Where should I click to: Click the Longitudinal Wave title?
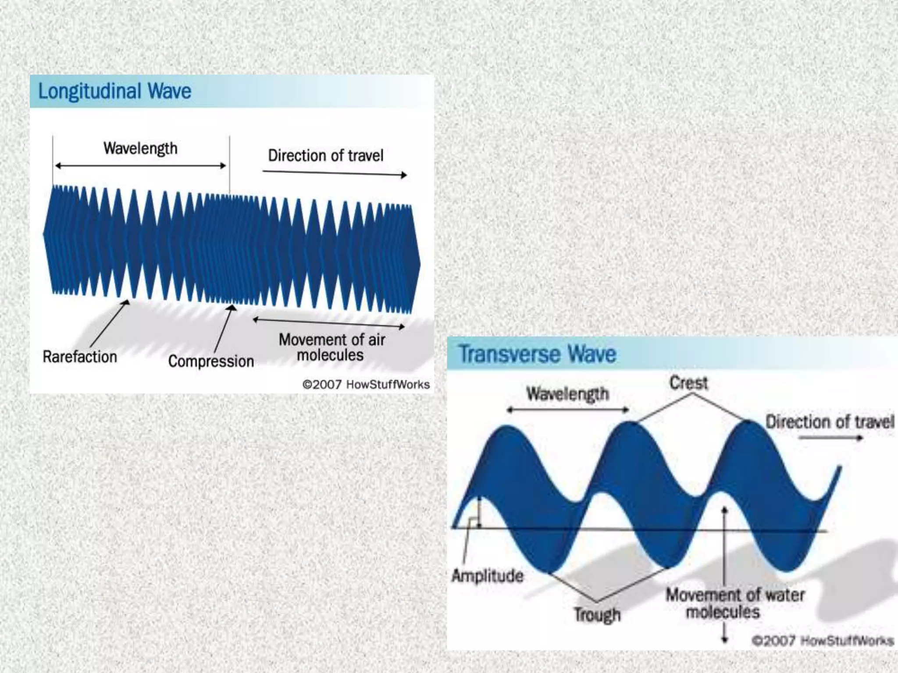[x=115, y=91]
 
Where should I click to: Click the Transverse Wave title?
[x=537, y=354]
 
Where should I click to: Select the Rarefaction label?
[x=80, y=357]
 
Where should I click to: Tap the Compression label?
[x=211, y=361]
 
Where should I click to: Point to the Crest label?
[x=688, y=383]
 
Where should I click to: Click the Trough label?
[x=598, y=614]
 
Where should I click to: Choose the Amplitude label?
[x=488, y=575]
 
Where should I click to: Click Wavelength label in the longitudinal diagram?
[x=140, y=148]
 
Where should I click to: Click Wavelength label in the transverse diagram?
[x=568, y=393]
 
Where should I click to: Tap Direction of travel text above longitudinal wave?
[x=326, y=156]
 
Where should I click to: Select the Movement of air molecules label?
[x=332, y=347]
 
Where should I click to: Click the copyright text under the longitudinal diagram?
[x=366, y=385]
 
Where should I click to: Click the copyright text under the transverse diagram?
[x=823, y=641]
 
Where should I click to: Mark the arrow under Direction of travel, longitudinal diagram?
[x=335, y=173]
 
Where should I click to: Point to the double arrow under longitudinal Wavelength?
[x=140, y=166]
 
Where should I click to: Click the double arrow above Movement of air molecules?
[x=328, y=323]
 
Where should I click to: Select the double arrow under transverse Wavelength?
[x=568, y=410]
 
